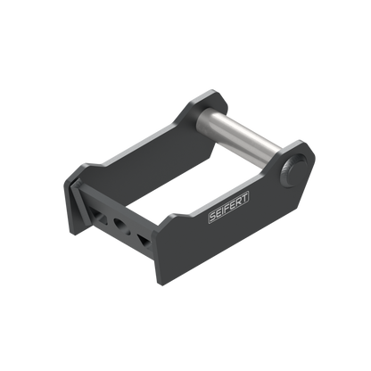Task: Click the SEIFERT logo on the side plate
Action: (x=228, y=208)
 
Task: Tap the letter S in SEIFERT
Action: (x=212, y=217)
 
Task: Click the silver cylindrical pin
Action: (x=239, y=136)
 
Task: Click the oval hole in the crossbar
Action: (x=120, y=224)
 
